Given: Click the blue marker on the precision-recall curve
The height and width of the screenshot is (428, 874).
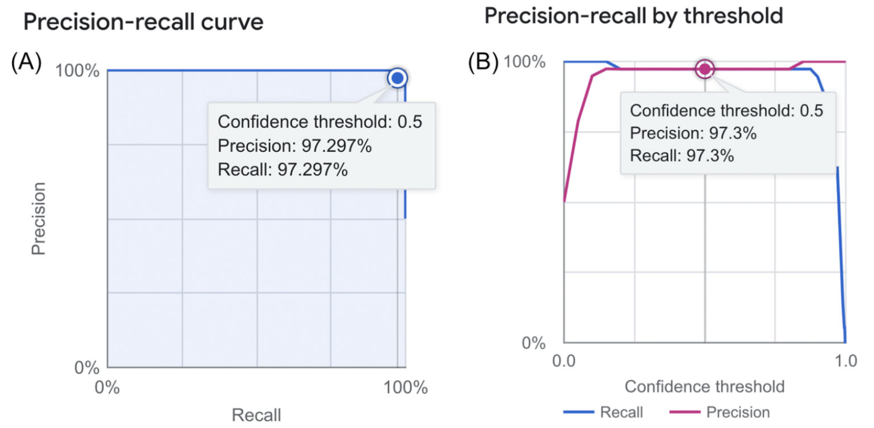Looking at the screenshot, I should [x=398, y=78].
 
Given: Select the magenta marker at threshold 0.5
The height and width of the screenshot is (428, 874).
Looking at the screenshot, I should [x=704, y=69].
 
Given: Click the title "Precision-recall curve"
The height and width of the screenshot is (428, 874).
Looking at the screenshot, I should [x=143, y=22].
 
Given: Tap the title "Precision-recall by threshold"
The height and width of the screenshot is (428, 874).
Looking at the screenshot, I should [x=633, y=16].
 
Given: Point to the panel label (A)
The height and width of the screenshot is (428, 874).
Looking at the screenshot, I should [x=26, y=62].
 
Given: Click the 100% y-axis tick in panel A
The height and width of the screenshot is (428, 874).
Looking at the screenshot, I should [x=77, y=70].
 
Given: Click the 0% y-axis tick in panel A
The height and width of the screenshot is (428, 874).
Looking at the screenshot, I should [x=87, y=367].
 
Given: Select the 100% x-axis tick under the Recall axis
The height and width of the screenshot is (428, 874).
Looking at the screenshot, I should [x=405, y=388].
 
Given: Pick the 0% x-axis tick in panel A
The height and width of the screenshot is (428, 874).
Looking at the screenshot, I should [x=107, y=388].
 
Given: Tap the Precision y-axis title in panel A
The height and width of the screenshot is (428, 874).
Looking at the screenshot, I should [x=38, y=218].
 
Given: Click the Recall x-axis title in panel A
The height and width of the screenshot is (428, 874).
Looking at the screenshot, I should [x=256, y=415].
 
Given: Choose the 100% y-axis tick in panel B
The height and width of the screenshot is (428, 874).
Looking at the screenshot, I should [x=524, y=62].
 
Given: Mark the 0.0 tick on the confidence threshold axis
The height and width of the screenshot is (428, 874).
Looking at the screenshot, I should [x=564, y=361].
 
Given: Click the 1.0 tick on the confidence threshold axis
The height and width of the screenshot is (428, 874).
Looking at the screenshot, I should [x=846, y=361].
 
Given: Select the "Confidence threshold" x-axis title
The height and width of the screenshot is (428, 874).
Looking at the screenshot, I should [x=704, y=387].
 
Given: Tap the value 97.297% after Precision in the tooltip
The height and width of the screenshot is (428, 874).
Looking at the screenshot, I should [x=336, y=146].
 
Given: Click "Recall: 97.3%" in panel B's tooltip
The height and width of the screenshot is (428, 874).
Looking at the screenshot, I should [x=682, y=156].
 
